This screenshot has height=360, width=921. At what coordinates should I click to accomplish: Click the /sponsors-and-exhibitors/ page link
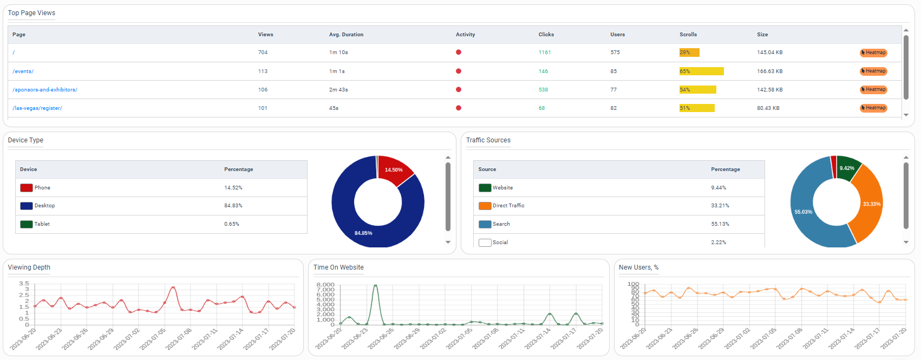coord(45,90)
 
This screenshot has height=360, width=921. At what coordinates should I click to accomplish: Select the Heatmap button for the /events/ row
coord(873,71)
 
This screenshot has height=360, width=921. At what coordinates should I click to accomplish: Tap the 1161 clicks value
coord(544,53)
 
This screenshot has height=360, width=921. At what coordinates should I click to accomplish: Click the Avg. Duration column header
coord(346,35)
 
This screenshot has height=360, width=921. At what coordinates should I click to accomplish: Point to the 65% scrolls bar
coord(701,71)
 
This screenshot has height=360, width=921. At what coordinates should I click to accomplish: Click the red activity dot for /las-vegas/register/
coord(459,108)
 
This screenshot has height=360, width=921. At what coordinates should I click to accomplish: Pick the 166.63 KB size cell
coord(769,71)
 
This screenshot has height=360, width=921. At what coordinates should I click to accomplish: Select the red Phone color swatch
coord(26,188)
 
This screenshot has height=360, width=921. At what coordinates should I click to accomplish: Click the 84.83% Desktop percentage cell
coord(233,206)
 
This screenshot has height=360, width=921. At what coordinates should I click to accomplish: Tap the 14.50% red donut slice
coord(394,170)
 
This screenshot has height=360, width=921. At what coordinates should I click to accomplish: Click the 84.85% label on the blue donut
coord(363,233)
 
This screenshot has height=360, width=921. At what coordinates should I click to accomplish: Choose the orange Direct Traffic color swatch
coord(485,206)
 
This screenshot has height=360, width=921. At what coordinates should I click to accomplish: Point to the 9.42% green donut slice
coord(847,168)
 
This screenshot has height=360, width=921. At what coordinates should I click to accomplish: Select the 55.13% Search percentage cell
coord(720,224)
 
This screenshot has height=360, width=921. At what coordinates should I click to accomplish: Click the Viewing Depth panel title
coord(29,267)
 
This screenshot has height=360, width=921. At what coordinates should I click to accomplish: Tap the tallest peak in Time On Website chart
coord(375,285)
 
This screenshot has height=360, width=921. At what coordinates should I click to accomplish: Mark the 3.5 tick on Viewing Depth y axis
coord(24,284)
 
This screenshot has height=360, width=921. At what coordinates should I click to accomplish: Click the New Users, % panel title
coord(638,267)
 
